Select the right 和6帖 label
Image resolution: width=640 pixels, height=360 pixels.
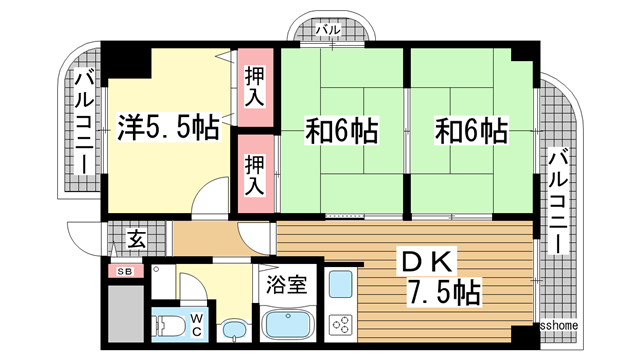pyautogui.click(x=470, y=129)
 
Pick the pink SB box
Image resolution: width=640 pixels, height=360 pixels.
pyautogui.click(x=126, y=272)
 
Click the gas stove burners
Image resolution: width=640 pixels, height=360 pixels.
pyautogui.click(x=341, y=323)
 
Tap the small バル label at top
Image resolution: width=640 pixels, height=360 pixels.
pyautogui.click(x=328, y=30)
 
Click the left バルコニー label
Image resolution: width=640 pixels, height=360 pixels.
pyautogui.click(x=85, y=120)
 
